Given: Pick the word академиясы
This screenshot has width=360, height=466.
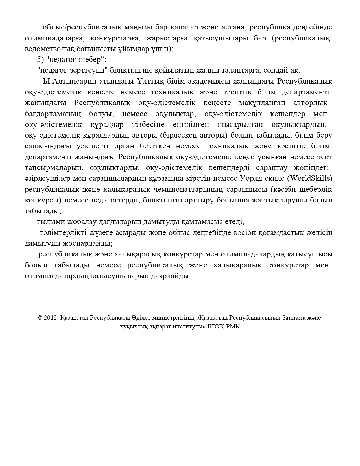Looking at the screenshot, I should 209,82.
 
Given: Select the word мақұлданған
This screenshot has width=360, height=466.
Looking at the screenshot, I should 262,103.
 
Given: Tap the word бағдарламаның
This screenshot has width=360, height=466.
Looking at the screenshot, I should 53,114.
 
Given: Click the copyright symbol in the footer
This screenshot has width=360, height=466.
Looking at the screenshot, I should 40,318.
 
